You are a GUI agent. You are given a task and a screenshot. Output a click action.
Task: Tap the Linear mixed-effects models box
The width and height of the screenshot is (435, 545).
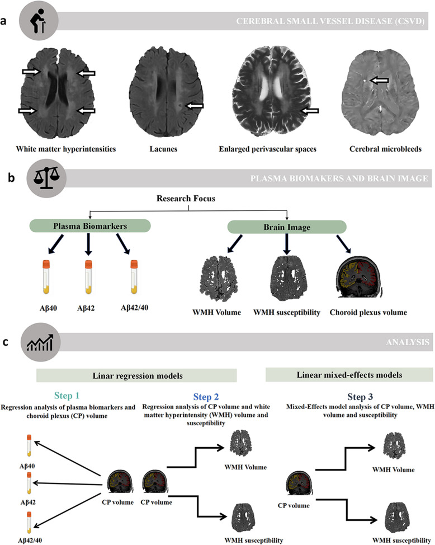[x=348, y=374]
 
